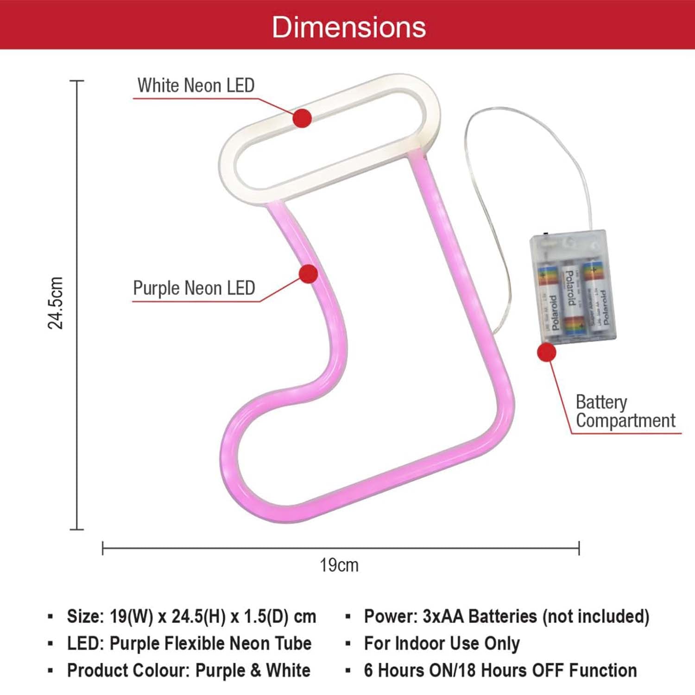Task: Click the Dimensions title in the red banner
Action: pos(348,27)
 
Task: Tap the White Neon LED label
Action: pos(196,86)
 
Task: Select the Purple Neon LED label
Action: pos(194,288)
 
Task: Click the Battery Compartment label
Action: pos(625,411)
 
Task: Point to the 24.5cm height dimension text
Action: pos(56,303)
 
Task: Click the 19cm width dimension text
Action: pos(339,565)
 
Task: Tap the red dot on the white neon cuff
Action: pos(302,118)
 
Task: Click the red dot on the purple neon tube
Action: pos(308,274)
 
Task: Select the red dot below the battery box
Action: pos(546,353)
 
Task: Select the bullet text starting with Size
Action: pos(191,617)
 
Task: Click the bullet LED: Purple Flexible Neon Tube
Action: pos(189,644)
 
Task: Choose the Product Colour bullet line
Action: pos(189,670)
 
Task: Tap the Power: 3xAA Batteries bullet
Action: pos(506,617)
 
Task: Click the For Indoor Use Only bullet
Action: pos(442,644)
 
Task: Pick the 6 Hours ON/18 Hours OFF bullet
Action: pos(500,670)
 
